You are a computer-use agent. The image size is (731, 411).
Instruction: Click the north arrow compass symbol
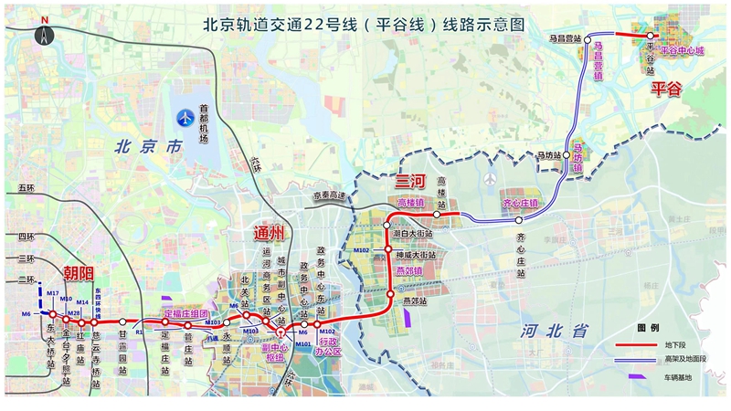tap(43, 34)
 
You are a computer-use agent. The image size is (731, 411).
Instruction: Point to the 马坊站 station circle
tap(577, 155)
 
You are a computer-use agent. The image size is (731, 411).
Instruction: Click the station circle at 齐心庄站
tap(519, 219)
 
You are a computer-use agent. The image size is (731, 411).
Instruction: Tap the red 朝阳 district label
tap(79, 273)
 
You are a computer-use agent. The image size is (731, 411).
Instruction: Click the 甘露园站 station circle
tap(123, 321)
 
